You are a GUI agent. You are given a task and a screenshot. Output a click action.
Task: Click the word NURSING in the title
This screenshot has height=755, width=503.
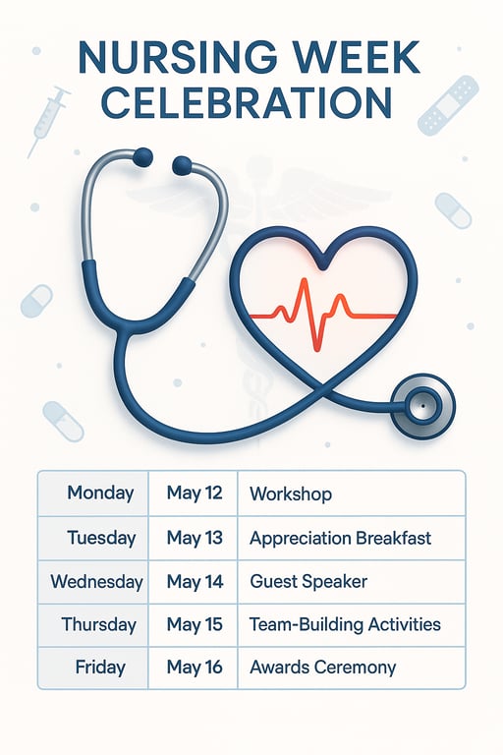coord(158,58)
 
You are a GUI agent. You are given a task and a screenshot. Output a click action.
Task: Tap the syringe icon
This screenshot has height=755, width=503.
coord(49,120)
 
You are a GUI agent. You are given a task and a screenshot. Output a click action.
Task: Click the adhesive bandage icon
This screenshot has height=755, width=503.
coord(448,105)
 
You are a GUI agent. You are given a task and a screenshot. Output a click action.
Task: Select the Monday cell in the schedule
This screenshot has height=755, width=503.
coord(100,494)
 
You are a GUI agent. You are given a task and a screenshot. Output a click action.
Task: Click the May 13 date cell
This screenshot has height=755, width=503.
coord(195,538)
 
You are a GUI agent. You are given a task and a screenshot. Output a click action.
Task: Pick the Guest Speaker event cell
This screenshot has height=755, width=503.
coord(308,582)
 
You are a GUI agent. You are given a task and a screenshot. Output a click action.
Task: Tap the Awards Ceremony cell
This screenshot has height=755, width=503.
coord(322,668)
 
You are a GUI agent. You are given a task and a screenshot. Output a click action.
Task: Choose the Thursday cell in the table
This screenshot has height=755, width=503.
coord(98,624)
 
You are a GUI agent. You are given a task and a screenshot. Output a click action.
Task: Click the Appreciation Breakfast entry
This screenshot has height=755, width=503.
coord(340,538)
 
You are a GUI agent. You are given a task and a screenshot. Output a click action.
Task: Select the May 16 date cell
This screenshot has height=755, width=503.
coord(195,668)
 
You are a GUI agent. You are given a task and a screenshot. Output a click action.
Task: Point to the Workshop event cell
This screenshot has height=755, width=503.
coord(291,494)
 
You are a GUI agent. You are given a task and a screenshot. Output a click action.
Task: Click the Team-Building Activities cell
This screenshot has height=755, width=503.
coord(345,624)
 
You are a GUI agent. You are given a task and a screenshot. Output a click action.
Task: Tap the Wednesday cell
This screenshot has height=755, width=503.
coord(96,582)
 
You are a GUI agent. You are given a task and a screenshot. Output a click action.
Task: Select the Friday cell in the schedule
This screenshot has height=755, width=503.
coord(99,668)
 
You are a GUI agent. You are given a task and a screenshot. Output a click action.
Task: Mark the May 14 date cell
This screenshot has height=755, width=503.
coord(195,582)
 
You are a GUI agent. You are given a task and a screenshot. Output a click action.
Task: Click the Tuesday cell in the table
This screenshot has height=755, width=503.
coord(99,538)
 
